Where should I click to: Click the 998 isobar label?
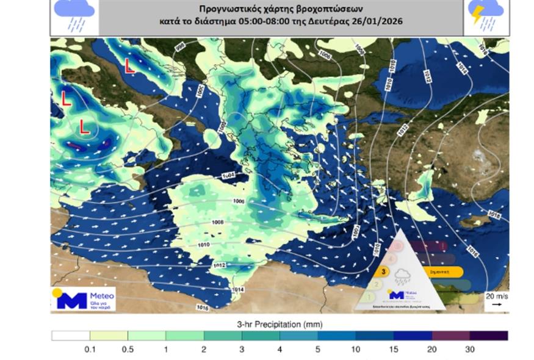tap(179, 47)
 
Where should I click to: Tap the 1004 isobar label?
tap(228, 176)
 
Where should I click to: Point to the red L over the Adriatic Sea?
tap(129, 65)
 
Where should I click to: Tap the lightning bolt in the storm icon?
tap(477, 13)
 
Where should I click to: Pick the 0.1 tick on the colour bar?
tap(90, 349)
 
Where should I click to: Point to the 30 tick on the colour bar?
tap(470, 349)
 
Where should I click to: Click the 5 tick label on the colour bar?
tap(318, 349)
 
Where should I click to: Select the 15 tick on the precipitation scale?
tap(394, 349)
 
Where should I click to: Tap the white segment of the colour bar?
tap(70, 336)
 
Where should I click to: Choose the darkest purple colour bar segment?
tap(489, 336)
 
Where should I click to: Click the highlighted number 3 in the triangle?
tap(383, 272)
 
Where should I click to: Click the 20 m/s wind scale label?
tap(496, 295)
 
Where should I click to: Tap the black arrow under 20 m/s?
tap(496, 303)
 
